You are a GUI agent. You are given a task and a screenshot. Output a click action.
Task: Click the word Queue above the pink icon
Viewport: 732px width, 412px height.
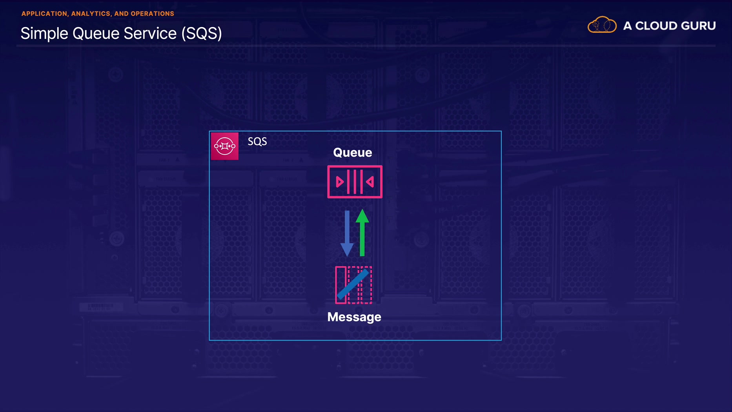click(352, 152)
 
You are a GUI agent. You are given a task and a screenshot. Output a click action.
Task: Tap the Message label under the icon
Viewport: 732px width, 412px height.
click(354, 317)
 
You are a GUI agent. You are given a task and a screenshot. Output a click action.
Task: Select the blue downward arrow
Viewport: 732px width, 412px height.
click(347, 233)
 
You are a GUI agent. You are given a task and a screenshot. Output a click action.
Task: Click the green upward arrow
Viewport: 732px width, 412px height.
click(362, 233)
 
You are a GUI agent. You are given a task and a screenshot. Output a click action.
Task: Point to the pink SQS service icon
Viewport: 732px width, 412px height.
click(225, 146)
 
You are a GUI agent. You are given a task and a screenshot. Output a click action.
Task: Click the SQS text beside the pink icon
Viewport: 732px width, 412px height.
click(257, 141)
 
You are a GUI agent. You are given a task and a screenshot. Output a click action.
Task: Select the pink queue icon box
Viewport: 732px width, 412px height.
click(355, 182)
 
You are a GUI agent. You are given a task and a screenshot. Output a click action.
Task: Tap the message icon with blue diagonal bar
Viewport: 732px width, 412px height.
click(353, 285)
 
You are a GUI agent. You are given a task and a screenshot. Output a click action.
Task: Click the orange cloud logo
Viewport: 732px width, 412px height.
click(602, 25)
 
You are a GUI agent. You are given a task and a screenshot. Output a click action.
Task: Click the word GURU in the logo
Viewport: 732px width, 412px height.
click(698, 26)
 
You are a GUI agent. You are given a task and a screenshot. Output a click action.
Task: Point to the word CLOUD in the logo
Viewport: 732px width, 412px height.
click(656, 26)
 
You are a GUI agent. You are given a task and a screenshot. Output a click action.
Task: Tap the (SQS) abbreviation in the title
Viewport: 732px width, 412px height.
click(201, 34)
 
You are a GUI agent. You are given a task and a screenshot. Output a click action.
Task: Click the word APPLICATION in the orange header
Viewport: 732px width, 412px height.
click(44, 14)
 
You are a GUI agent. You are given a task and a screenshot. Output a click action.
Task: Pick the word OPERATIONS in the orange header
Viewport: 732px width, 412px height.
click(152, 14)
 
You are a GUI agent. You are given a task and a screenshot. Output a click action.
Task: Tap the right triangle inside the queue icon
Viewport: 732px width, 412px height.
click(370, 182)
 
